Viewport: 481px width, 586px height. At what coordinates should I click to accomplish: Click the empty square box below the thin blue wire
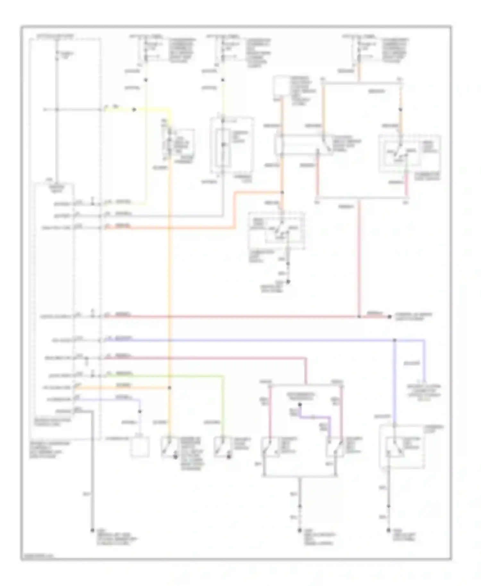[140, 446]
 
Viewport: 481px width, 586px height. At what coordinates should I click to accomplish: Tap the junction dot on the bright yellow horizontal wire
[134, 110]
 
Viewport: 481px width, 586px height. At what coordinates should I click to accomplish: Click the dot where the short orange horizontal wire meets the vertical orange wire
[169, 388]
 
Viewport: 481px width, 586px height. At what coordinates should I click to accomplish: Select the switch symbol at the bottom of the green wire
[222, 447]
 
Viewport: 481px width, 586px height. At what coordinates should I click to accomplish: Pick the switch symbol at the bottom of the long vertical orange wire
[169, 447]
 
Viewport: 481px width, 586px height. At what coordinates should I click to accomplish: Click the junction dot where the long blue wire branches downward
[394, 340]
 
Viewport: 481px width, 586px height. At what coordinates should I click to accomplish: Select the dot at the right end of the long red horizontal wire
[389, 317]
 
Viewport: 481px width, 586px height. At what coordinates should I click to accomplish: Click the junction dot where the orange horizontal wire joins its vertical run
[282, 192]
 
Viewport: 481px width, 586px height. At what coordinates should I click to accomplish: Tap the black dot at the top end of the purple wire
[300, 405]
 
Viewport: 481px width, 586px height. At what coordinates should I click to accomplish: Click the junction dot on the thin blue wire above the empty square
[140, 411]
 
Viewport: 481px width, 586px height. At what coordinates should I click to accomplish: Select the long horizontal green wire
[164, 375]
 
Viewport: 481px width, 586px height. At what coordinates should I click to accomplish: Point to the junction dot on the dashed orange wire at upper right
[400, 110]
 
